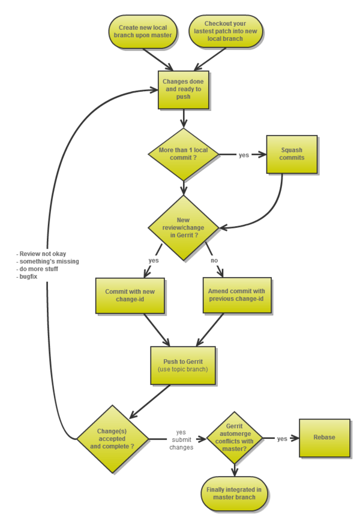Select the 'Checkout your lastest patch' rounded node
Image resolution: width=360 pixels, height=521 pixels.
point(226,31)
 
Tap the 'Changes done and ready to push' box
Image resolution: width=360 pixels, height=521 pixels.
point(184,89)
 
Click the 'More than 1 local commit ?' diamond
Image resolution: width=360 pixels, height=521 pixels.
point(184,154)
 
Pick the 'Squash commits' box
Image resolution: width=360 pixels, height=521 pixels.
point(292,154)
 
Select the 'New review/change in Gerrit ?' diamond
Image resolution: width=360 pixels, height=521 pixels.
point(184,228)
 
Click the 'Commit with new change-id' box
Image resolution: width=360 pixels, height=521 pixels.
point(130,295)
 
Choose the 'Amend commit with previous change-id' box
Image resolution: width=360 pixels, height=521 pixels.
point(236,295)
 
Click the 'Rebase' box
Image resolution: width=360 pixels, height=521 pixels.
point(324,437)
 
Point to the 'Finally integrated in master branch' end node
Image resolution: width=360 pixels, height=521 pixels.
point(234,493)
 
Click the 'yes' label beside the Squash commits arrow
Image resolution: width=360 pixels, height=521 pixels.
point(244,155)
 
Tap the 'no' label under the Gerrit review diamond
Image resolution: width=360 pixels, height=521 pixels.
point(214,261)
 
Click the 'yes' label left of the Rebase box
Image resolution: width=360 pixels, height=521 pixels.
point(282,439)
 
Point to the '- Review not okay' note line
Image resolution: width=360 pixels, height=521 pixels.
point(42,254)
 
